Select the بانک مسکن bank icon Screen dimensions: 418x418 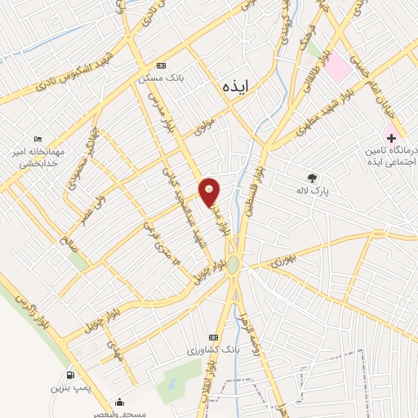click(x=161, y=65)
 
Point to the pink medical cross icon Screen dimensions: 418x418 click(x=389, y=136)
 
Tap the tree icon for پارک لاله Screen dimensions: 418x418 click(x=311, y=177)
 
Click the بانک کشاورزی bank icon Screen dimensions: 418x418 click(x=214, y=337)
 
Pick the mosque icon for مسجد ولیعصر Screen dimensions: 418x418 click(x=119, y=401)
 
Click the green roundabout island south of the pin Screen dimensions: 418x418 click(x=233, y=265)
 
